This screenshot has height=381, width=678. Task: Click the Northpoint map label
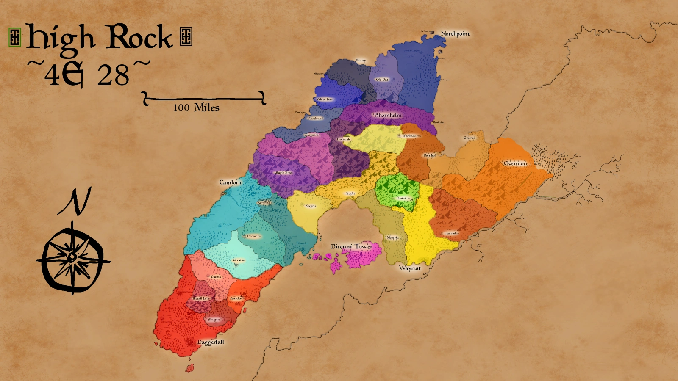[x=455, y=33]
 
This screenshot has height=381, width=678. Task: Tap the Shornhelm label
[x=388, y=115]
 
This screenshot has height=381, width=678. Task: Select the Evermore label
[x=516, y=163]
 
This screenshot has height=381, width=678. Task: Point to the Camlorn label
[x=230, y=182]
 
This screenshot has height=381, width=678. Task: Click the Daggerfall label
[x=211, y=342]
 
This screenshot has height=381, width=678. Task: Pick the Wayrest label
[x=410, y=268]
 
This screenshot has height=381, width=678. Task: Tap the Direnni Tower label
[x=352, y=246]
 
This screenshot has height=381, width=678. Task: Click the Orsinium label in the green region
[x=403, y=198]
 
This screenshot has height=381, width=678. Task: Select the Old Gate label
[x=383, y=80]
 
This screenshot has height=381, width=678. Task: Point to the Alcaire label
[x=350, y=193]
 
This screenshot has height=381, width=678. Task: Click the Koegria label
[x=311, y=206]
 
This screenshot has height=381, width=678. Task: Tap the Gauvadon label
[x=451, y=233]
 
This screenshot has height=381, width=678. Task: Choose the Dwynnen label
[x=253, y=236]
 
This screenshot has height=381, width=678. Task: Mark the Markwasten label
[x=411, y=136]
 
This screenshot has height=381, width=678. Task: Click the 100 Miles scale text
[x=196, y=108]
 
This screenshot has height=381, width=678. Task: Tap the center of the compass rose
[x=73, y=257]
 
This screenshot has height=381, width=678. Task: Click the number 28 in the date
[x=113, y=75]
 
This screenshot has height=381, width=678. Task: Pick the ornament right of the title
[x=186, y=36]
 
